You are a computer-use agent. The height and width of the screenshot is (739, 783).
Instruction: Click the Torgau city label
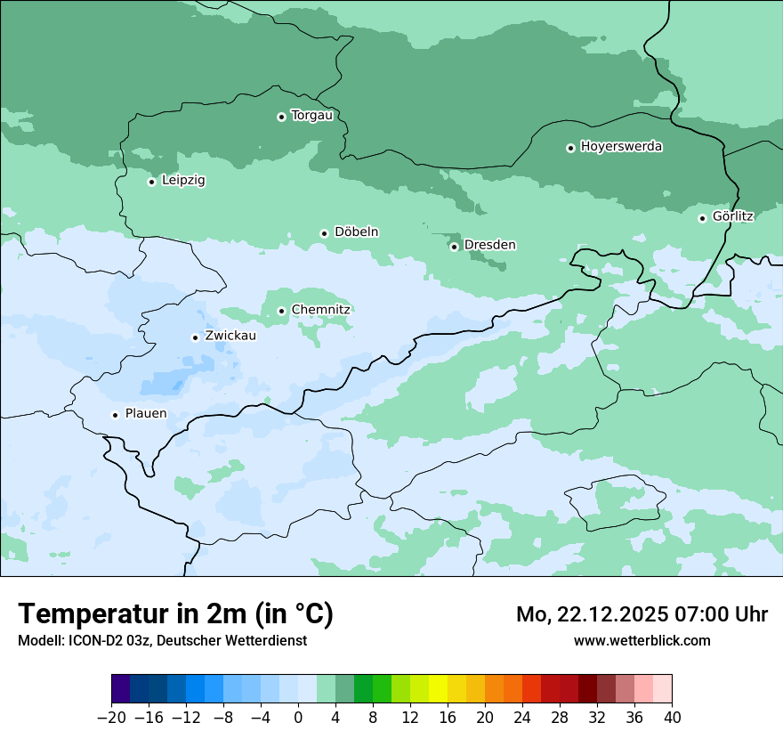point(311,116)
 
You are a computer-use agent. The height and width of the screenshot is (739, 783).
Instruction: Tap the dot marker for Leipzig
point(151,182)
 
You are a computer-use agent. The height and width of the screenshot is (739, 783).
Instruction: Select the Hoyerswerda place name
point(621,147)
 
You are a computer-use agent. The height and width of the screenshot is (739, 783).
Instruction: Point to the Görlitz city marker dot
point(702,218)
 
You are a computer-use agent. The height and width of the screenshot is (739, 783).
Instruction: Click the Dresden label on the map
point(489,245)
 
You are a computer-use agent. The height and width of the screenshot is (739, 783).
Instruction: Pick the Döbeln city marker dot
point(324,233)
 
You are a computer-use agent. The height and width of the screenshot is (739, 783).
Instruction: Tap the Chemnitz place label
point(320,310)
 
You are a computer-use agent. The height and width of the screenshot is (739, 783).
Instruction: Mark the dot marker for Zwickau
point(195,337)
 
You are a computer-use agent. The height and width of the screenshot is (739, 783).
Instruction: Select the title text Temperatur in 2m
point(175,613)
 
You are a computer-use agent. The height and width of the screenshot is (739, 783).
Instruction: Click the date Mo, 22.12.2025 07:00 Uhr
point(642,614)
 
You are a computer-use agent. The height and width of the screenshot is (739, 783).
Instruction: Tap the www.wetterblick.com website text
point(642,640)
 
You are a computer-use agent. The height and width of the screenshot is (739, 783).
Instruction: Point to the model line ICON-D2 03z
point(162,640)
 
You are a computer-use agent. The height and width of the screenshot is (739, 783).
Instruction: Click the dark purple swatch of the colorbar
point(121,689)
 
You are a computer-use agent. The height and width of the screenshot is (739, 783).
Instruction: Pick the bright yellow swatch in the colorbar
point(439,689)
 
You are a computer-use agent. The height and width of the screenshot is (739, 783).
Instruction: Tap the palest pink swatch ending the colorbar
point(662,689)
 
